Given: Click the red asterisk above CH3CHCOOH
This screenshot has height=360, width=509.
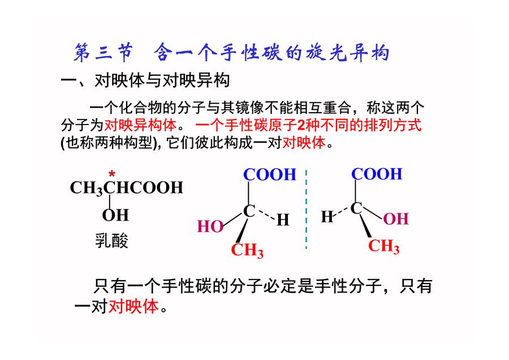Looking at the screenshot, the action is [x=112, y=174].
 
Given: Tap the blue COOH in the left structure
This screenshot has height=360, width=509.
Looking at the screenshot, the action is [x=270, y=174].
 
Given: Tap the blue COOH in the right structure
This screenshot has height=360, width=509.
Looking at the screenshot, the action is [x=377, y=174].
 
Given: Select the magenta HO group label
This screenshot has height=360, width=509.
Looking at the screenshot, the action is [x=210, y=226].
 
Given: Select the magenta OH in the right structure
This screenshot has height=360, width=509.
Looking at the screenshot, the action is [x=396, y=218].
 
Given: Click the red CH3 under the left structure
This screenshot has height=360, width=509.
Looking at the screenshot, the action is [x=247, y=251].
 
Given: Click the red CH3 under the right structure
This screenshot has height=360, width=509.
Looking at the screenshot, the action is [x=383, y=246].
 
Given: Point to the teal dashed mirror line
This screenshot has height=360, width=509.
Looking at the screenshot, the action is [x=306, y=209].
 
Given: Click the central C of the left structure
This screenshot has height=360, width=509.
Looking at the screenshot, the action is [x=249, y=211].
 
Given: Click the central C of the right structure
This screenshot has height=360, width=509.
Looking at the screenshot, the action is [x=356, y=208].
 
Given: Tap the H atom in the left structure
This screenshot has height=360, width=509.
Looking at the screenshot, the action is [x=283, y=220].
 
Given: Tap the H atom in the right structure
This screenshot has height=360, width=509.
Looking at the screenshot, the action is [x=327, y=217].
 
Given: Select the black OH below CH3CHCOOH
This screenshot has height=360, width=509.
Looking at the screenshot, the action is [x=115, y=215].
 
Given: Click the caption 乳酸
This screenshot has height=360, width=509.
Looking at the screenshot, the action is [x=111, y=241].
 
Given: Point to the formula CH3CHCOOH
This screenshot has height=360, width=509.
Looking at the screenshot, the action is [x=127, y=188].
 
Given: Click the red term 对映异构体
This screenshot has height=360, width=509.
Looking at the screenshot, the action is [x=140, y=125].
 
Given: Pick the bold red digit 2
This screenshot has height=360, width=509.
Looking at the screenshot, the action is [x=301, y=125].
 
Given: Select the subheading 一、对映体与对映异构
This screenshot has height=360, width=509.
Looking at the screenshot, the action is [x=145, y=80].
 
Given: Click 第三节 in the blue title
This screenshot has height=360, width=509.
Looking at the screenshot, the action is [x=103, y=53].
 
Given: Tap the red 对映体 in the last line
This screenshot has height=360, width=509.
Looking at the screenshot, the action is [x=133, y=306].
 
